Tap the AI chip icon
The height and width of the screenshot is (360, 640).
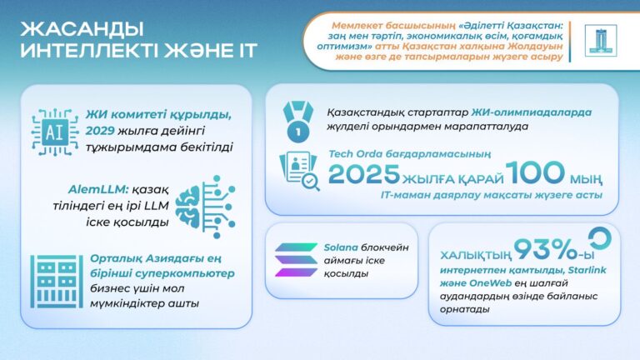[x=52, y=132]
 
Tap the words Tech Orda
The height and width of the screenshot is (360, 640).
[x=353, y=153]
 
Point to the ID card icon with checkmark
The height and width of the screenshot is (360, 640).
[x=297, y=171]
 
